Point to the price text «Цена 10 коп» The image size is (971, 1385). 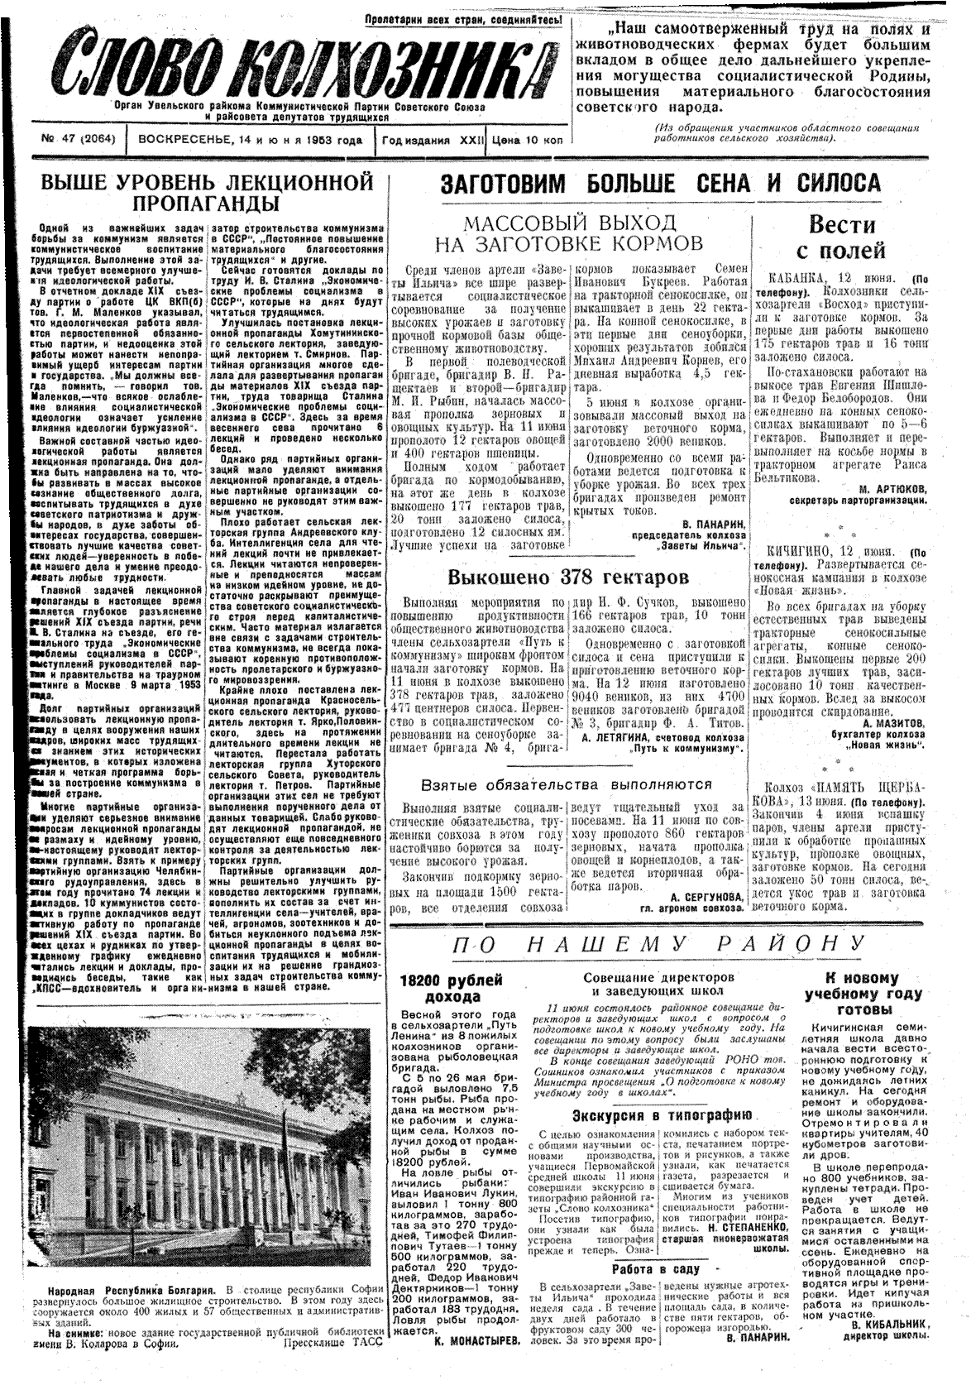(527, 140)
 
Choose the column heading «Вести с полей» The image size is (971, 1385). (841, 237)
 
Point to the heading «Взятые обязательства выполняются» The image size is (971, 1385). (566, 784)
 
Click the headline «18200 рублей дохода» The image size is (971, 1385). (451, 989)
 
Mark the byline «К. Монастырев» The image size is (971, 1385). (476, 1363)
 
